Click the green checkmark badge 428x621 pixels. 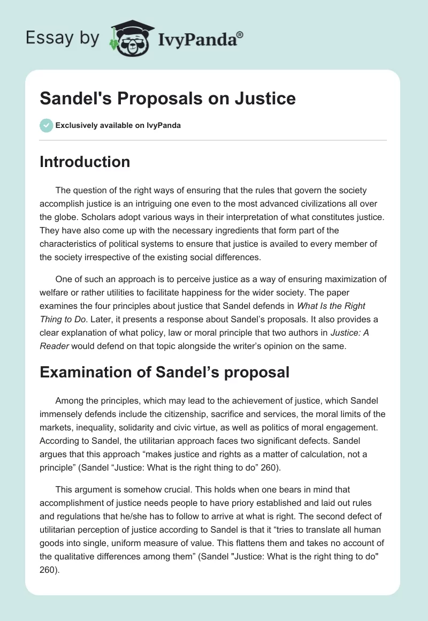(46, 125)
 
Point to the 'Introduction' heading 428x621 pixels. (85, 162)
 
